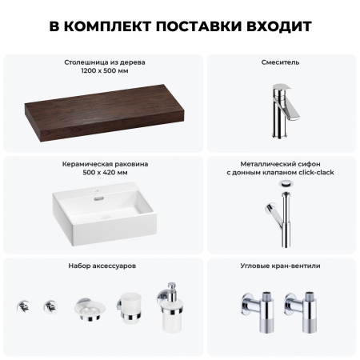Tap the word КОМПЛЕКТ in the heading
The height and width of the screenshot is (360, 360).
tap(110, 26)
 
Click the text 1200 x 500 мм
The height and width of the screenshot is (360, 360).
tap(104, 71)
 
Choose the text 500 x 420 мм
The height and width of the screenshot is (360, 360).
tap(104, 174)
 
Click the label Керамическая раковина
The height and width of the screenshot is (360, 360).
tap(104, 164)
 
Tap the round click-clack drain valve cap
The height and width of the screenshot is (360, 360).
tap(286, 183)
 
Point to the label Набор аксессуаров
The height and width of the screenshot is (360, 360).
tap(104, 265)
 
